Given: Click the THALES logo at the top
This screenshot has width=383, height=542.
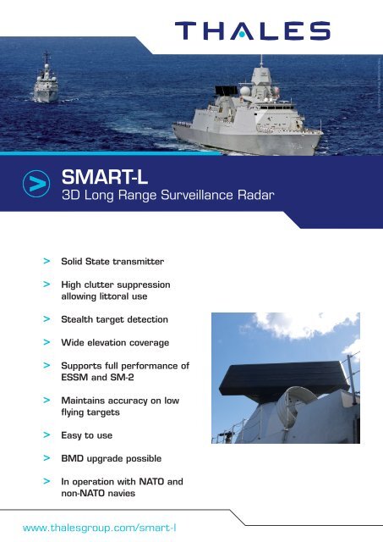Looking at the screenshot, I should [252, 30].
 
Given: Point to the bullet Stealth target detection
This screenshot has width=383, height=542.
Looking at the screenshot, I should [115, 320].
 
